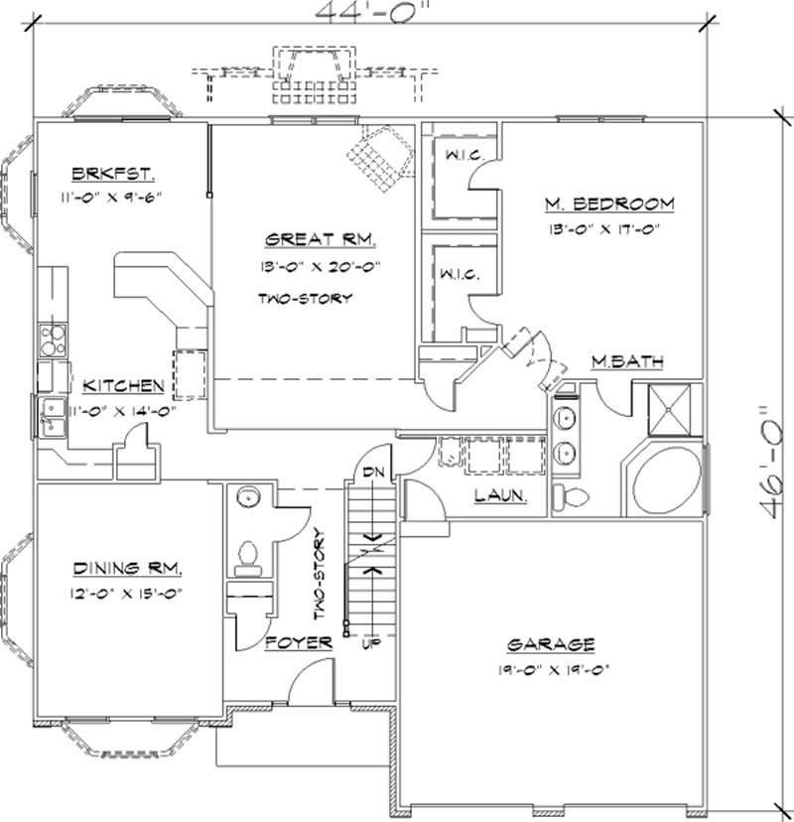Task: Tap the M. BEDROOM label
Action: [x=608, y=205]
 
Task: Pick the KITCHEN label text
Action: [x=123, y=385]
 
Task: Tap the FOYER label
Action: [x=299, y=643]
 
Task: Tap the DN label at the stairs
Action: [x=373, y=472]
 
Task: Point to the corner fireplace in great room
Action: [x=381, y=155]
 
